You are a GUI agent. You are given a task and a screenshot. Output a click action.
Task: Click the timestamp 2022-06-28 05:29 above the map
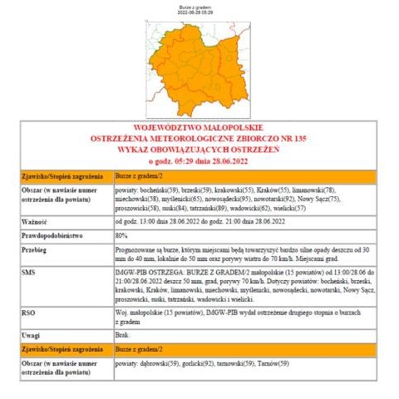point(200,12)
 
